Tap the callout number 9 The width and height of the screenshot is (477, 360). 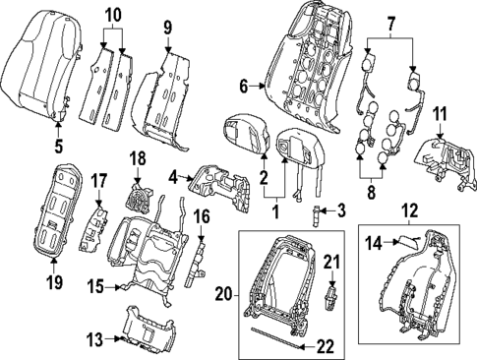166,27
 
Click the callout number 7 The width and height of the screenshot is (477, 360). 391,22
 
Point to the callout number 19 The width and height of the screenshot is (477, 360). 53,283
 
